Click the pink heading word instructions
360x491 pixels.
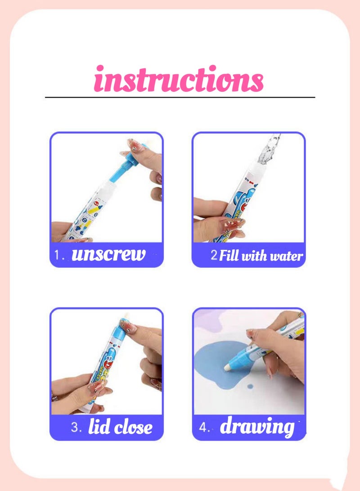(x=179, y=79)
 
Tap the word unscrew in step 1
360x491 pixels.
(x=108, y=255)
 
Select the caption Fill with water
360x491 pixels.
(x=261, y=257)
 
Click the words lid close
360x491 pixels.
(x=120, y=427)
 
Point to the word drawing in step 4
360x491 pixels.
(x=257, y=427)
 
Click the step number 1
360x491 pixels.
(x=57, y=255)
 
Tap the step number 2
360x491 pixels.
(x=214, y=256)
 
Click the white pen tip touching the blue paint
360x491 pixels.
(x=228, y=367)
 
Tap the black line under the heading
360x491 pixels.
(x=180, y=97)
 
